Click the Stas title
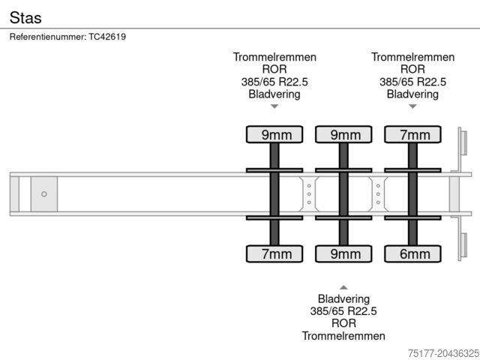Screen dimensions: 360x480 (x=26, y=16)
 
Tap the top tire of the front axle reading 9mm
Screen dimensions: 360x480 (x=275, y=135)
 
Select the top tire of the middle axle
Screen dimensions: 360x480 (x=344, y=135)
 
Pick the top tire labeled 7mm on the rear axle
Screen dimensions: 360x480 (x=413, y=135)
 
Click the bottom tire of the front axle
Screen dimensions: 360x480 (x=275, y=254)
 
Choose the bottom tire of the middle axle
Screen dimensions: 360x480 (x=344, y=254)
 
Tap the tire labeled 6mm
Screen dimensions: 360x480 (x=413, y=254)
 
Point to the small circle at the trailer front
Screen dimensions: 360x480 (x=44, y=194)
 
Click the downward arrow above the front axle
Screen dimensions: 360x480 (x=274, y=106)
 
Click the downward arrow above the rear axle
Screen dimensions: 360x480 (x=412, y=106)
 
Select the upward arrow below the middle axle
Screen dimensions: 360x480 (x=343, y=287)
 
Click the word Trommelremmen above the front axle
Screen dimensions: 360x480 (x=274, y=57)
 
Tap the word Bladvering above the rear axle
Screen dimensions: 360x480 (x=412, y=94)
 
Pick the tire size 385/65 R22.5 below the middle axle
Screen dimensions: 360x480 (x=343, y=311)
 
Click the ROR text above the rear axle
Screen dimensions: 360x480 (x=412, y=69)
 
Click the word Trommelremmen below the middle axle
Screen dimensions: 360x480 (x=343, y=336)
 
